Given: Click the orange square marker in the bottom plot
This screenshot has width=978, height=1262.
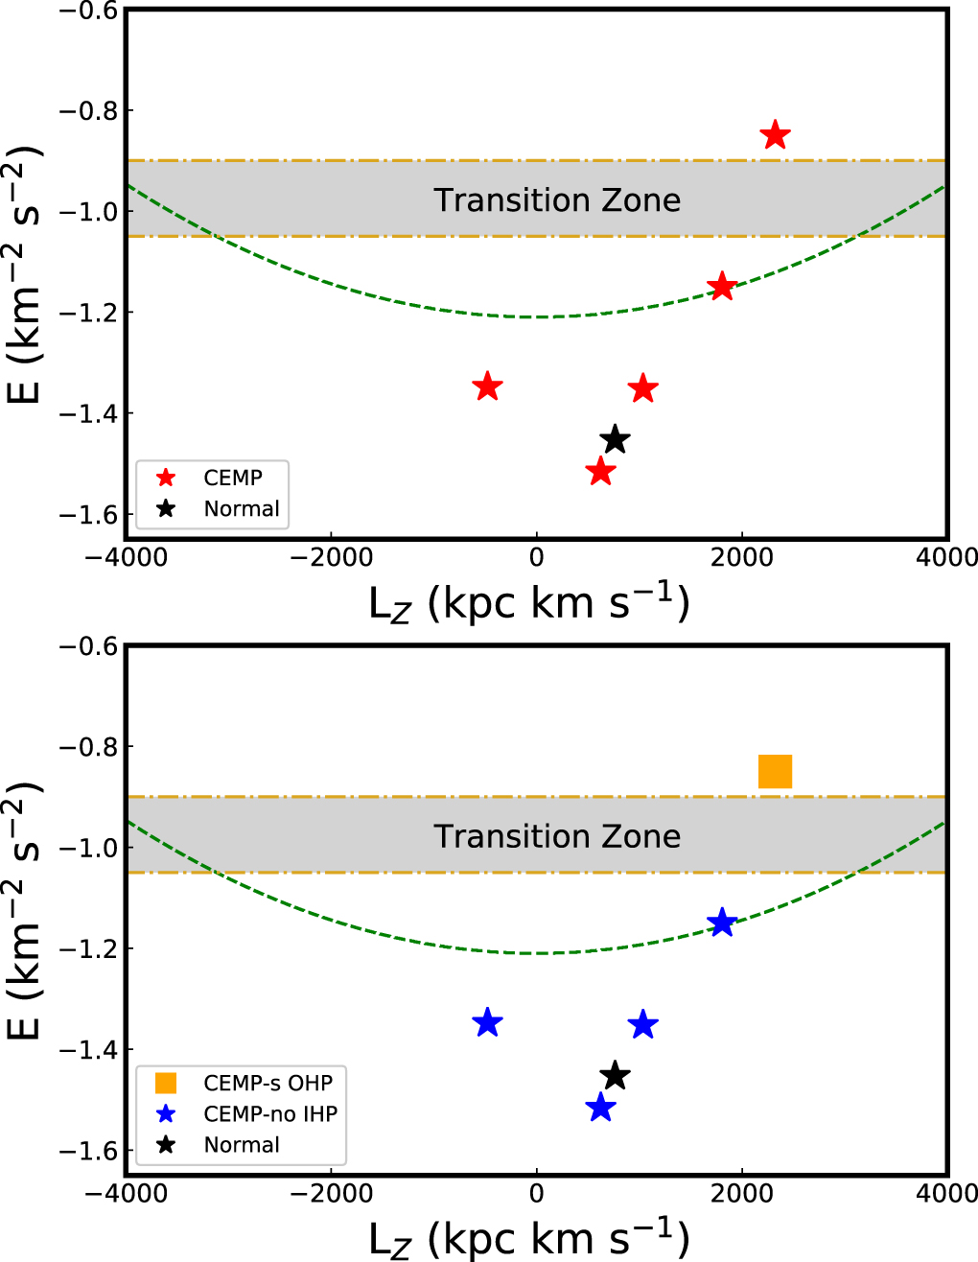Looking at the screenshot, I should (775, 771).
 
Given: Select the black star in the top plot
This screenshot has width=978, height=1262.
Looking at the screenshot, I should (615, 440).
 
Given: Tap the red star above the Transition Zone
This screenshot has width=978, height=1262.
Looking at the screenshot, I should (775, 136).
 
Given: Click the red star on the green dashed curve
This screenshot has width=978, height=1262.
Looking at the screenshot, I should (721, 287).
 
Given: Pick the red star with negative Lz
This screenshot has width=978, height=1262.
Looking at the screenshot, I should (488, 386).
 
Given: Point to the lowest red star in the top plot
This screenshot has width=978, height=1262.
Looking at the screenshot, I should (600, 472).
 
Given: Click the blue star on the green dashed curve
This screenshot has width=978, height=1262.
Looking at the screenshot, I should (721, 923).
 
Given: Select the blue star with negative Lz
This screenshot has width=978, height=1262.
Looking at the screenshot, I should (488, 1022).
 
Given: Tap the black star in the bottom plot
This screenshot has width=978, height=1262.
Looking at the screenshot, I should (615, 1076).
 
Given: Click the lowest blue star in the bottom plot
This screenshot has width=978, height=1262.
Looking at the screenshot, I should (600, 1108).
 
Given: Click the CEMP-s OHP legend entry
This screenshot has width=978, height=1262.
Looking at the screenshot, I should (268, 1083).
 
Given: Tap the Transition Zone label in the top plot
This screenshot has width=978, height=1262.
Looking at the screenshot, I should (557, 199).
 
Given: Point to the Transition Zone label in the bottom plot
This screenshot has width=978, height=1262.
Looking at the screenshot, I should (557, 836).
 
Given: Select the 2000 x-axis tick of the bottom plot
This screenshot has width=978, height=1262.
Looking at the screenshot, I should (742, 1193).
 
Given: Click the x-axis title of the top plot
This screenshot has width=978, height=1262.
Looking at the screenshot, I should (529, 604).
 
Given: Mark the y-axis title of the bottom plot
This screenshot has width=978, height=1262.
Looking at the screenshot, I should (25, 911).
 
